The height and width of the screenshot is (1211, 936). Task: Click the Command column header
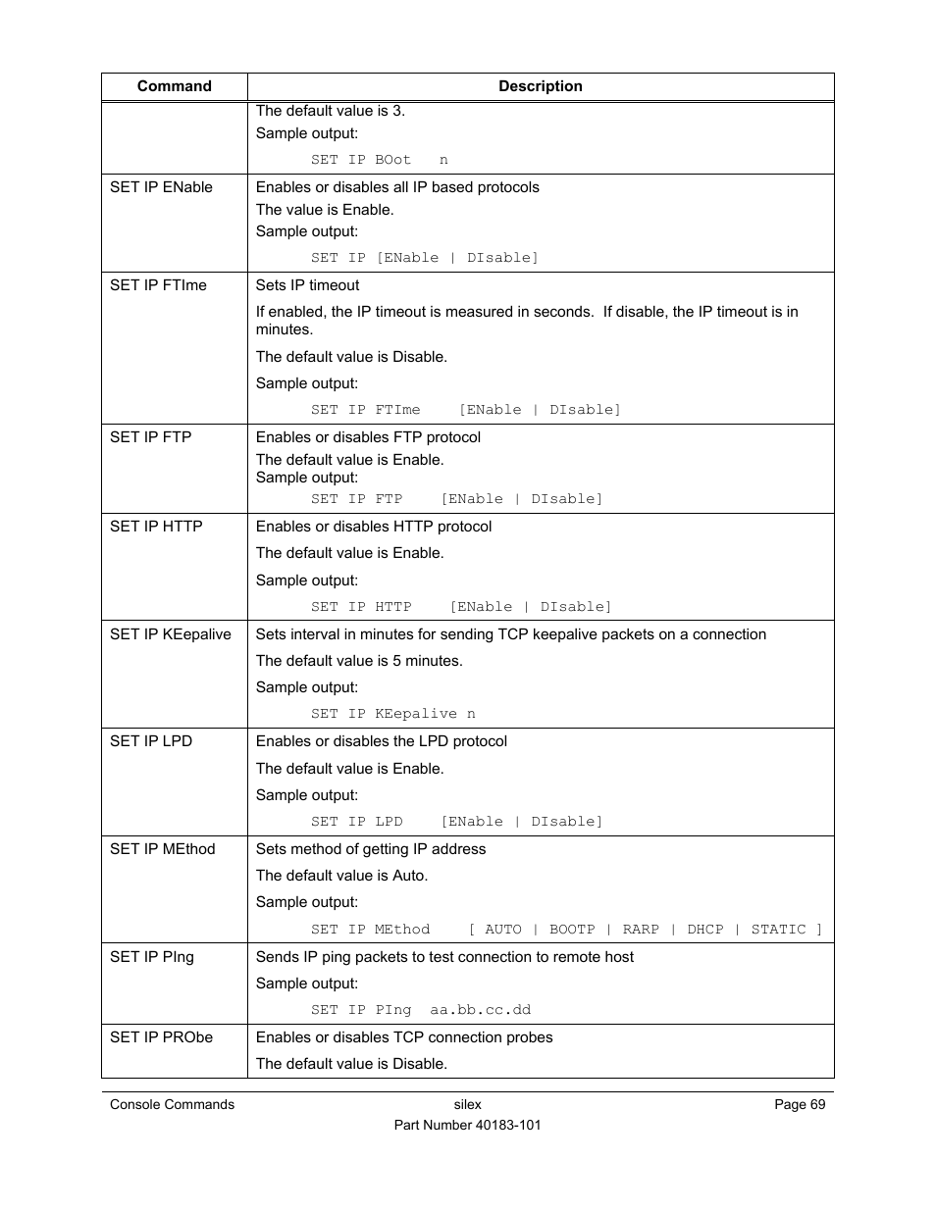coord(174,86)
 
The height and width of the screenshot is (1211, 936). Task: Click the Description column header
coord(540,86)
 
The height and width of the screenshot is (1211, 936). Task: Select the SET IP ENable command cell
coord(161,187)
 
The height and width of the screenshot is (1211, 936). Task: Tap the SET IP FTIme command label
coord(158,285)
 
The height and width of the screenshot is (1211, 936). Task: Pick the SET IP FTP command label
coord(150,437)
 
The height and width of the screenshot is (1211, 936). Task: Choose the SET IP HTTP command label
coord(156,527)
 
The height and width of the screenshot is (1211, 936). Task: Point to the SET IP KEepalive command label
coord(171,634)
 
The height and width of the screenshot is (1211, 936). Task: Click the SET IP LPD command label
coord(151,741)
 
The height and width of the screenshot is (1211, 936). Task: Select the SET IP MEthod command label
coord(162,849)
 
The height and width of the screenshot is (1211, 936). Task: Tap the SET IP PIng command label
coord(152,957)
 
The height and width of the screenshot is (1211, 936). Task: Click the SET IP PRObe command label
coord(161,1037)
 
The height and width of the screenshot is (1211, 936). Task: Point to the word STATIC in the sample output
coord(778,930)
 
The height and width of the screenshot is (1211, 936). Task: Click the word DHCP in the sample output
coord(704,930)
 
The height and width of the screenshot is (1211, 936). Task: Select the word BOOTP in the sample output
coord(572,930)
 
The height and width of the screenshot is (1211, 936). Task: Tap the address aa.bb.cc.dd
coord(480,1010)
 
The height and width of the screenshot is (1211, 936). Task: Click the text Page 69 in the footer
coord(800,1105)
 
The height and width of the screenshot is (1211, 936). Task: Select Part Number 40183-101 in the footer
coord(467,1126)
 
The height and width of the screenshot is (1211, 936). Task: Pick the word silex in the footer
coord(468,1105)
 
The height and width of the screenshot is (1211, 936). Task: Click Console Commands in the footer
coord(172,1105)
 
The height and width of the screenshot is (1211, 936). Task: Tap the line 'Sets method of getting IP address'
coord(371,849)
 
